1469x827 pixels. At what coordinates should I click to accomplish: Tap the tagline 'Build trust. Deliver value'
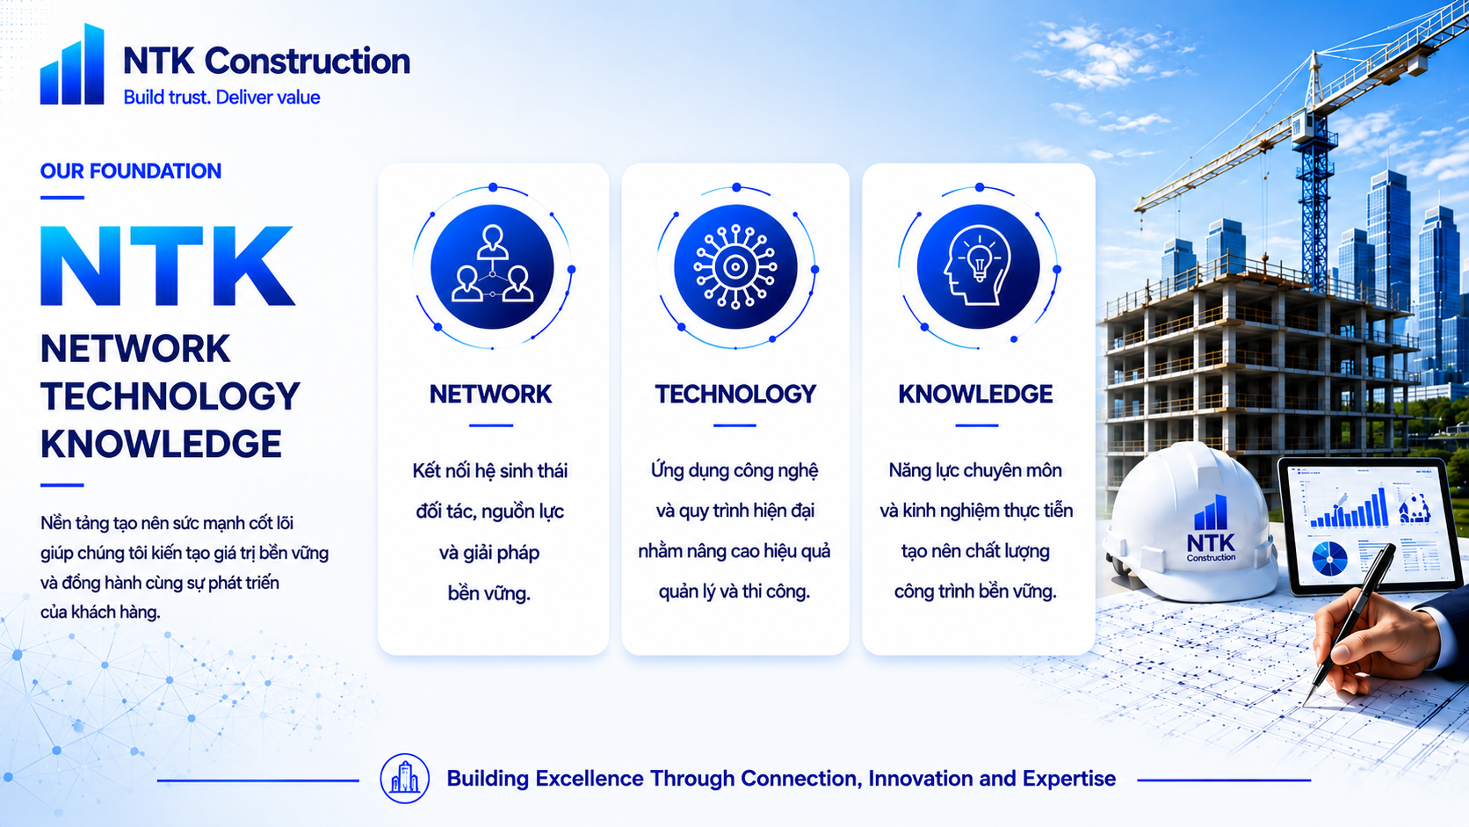pos(221,98)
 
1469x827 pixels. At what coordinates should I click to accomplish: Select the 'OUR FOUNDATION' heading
pos(131,171)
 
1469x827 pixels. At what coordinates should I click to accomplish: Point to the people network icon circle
pos(492,267)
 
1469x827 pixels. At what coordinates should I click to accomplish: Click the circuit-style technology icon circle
pos(735,267)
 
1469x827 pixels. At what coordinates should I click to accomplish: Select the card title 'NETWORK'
pos(490,394)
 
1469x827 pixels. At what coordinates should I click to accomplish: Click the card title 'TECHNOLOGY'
pos(735,394)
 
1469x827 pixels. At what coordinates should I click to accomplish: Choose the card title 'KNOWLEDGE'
pos(976,394)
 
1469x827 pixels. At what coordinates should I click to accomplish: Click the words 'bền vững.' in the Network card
pos(489,593)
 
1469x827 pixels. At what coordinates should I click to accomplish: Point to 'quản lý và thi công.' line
pos(734,591)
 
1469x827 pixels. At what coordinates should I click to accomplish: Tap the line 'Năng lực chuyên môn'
pos(975,470)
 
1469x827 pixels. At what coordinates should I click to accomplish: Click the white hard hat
pos(1190,521)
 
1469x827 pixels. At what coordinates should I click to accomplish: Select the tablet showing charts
pos(1371,525)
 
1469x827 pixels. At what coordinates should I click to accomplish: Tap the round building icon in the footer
pos(405,779)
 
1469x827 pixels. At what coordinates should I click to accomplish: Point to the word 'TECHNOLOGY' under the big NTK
pos(170,396)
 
